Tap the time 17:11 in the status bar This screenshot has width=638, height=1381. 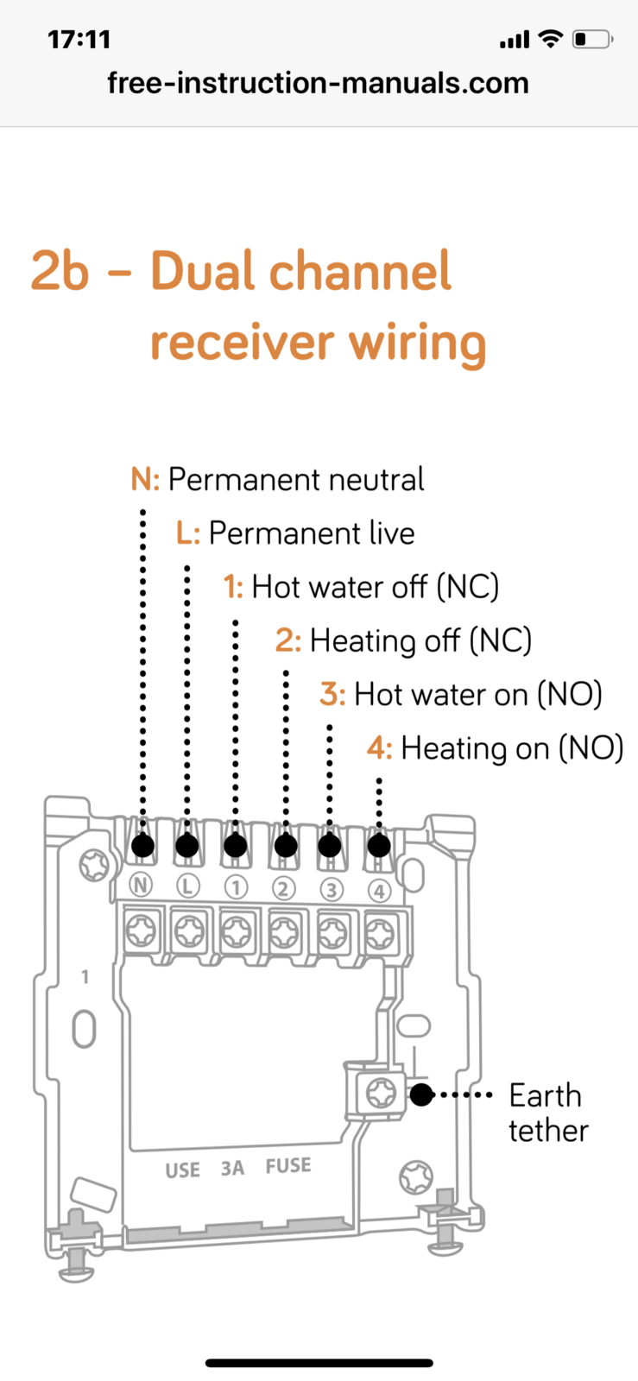79,40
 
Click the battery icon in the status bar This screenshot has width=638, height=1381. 593,40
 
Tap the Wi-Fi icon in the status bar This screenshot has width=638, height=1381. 549,39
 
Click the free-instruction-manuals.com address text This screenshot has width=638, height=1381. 318,83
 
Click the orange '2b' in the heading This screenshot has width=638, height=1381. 60,271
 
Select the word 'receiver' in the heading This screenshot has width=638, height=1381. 243,343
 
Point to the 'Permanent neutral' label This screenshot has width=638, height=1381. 295,480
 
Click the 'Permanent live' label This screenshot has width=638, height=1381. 311,533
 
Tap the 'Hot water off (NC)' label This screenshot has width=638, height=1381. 375,588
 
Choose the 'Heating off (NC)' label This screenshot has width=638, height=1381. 420,641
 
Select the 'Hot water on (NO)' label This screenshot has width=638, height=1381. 477,695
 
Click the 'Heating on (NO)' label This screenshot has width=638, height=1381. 512,748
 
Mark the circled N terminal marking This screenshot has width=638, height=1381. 140,885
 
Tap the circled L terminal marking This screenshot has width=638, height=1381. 187,886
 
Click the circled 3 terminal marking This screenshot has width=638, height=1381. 331,889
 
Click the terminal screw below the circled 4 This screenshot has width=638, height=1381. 380,932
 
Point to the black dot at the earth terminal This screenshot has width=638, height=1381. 421,1095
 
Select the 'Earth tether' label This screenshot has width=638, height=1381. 547,1113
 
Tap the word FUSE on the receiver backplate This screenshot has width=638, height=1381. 288,1166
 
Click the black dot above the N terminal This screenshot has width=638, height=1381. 143,846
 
